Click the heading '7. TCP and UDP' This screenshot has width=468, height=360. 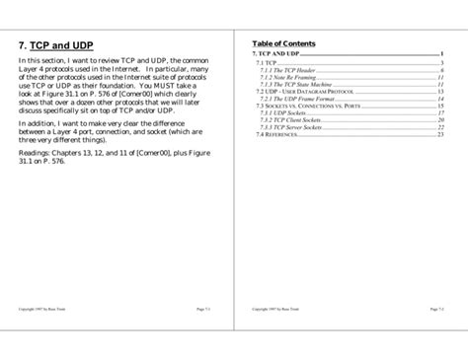point(56,44)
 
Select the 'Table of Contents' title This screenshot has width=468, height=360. point(284,43)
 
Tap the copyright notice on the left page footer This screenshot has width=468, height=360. point(41,309)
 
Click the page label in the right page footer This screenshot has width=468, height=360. point(436,309)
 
